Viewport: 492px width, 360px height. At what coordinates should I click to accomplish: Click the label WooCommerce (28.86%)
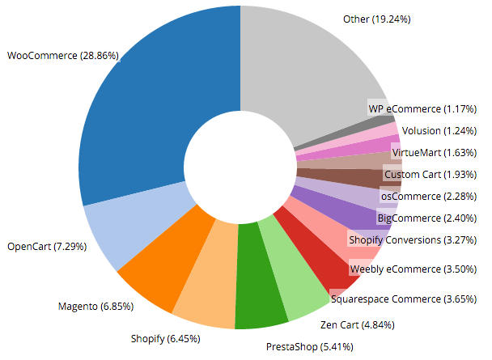click(x=63, y=56)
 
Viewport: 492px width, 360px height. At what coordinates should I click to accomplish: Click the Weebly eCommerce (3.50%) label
click(x=407, y=269)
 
